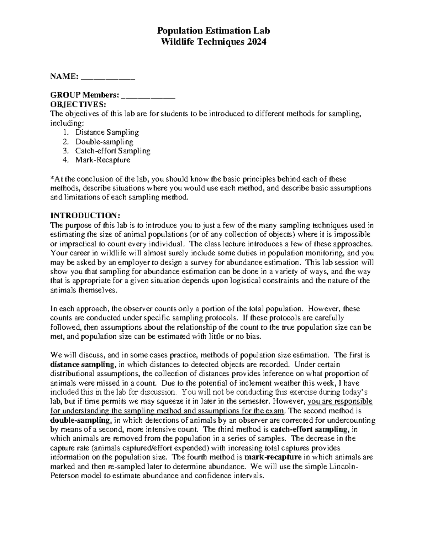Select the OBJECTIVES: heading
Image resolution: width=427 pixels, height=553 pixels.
coord(78,104)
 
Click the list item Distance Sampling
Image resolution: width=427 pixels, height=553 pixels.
coord(107,132)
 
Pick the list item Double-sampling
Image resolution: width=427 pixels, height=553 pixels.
coord(104,141)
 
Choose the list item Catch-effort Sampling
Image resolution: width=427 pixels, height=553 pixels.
coord(113,151)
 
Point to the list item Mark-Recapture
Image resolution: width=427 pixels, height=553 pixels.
coord(103,160)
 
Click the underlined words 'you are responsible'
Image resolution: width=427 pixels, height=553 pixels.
coord(340,401)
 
